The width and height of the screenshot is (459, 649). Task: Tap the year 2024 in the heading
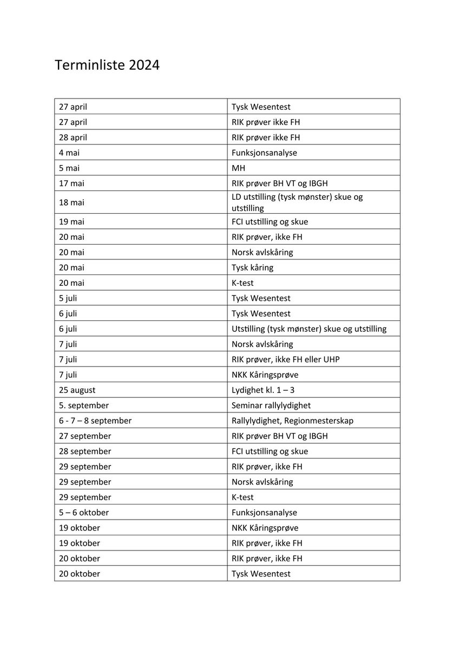click(143, 65)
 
